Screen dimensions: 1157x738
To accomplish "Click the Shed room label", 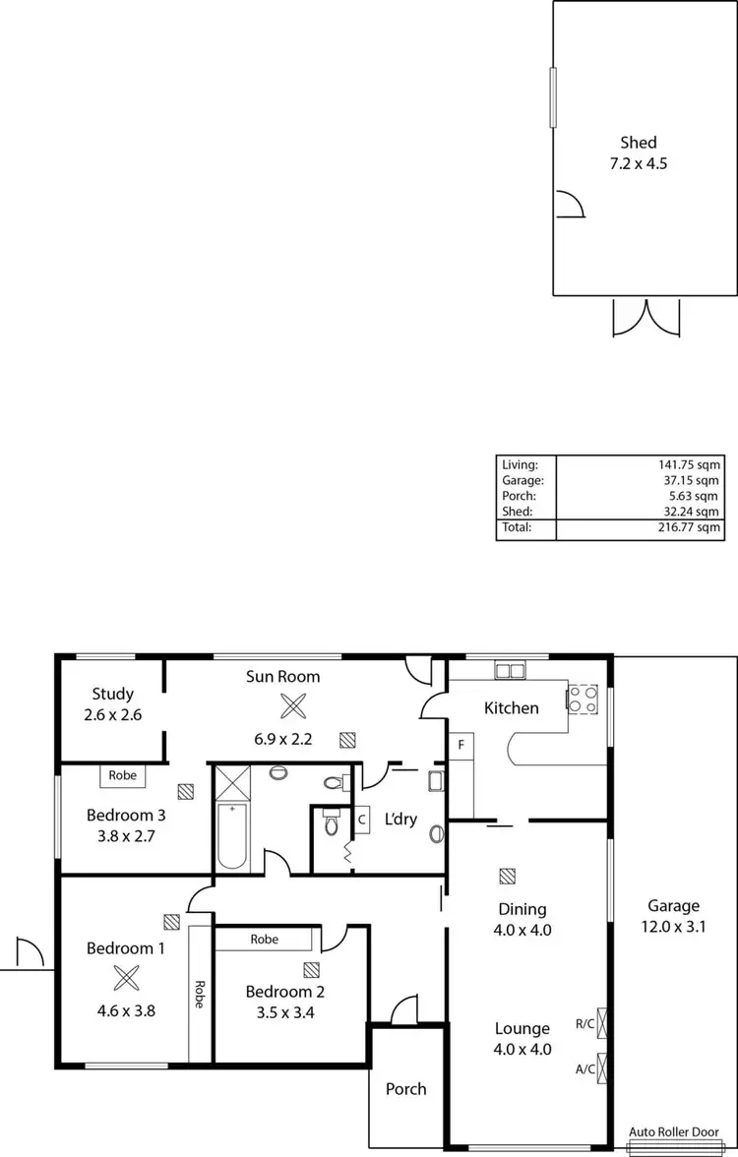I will coord(638,143).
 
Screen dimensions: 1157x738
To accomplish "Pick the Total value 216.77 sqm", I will coord(690,528).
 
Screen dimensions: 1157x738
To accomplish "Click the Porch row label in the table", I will coord(519,496).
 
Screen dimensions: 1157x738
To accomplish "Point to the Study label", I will coord(112,694).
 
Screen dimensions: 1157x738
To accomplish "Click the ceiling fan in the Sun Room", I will coord(292,705).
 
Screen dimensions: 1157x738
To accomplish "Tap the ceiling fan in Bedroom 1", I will coord(125,978).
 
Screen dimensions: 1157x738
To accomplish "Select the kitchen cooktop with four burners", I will coord(579,698).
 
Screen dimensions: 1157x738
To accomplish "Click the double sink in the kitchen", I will coord(510,671).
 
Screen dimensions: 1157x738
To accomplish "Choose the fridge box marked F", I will coord(459,745).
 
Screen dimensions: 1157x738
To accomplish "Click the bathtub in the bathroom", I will coord(232,836).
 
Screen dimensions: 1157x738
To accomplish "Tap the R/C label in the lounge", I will coord(584,1023).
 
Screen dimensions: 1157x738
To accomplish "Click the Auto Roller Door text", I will coord(682,1132).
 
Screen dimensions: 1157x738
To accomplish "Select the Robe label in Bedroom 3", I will coord(123,775).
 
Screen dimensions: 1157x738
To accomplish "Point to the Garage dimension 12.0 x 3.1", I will coord(673,926).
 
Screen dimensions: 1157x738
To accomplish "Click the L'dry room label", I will coord(400,819).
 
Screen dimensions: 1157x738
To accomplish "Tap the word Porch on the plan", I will coord(406,1088).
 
